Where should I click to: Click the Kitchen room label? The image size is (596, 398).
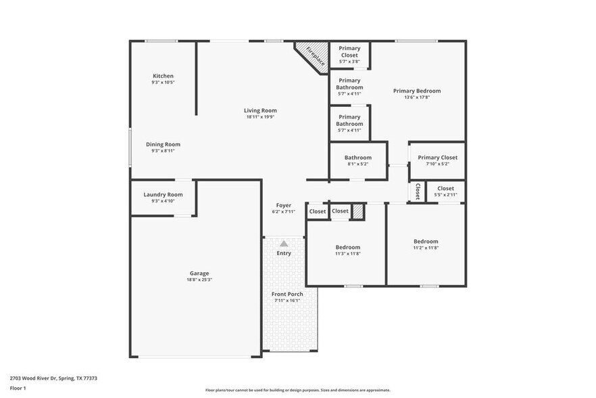click(163, 76)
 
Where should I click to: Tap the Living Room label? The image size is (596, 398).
click(260, 110)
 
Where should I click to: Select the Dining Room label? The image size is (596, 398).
click(163, 144)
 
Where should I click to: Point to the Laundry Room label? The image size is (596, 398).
click(163, 194)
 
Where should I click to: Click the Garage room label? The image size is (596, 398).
click(199, 273)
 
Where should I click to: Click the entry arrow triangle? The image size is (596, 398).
click(284, 243)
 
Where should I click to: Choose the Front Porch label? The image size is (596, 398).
click(287, 294)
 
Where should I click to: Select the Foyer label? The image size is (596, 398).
click(284, 205)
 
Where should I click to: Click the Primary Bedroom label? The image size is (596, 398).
click(417, 91)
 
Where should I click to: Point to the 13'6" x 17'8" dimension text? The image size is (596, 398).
click(417, 97)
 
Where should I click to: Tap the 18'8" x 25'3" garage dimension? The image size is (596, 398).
click(199, 280)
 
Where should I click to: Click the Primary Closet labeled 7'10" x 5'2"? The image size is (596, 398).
click(437, 158)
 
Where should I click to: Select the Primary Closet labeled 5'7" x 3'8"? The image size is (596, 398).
click(349, 51)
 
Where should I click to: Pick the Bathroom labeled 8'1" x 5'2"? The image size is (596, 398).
click(357, 158)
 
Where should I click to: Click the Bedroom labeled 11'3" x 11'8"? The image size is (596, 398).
click(348, 247)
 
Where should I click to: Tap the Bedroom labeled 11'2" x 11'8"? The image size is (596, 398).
click(426, 242)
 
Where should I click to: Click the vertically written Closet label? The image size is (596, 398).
click(418, 191)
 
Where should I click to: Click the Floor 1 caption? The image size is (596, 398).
click(18, 389)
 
